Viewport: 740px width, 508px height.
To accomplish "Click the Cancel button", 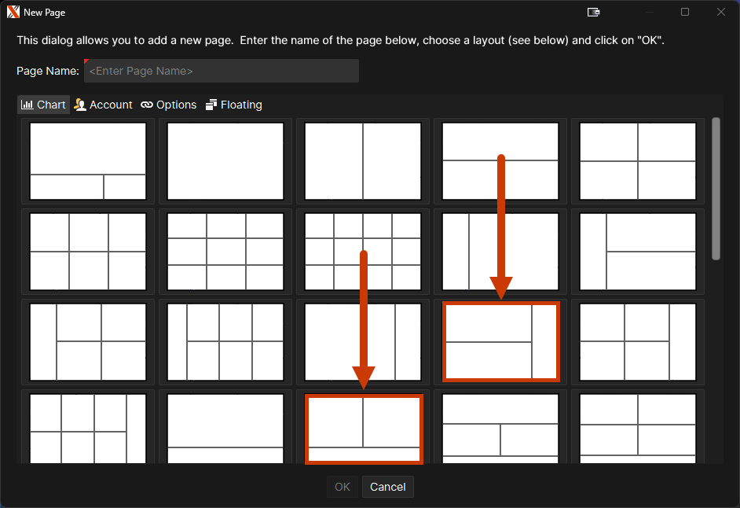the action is coord(387,487).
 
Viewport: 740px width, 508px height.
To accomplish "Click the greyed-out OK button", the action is coord(343,487).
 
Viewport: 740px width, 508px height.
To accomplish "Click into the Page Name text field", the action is coord(222,71).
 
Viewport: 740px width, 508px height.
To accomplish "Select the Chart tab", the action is coord(43,105).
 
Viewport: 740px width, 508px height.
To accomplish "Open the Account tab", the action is coord(104,105).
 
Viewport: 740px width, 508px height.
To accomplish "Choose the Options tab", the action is coord(168,105).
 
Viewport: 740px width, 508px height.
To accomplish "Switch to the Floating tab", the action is coord(234,105).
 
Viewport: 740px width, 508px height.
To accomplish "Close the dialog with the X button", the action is coord(720,12).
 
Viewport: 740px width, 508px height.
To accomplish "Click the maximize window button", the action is coord(685,12).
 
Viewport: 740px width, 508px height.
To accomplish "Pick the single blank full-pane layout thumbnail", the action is coord(225,161).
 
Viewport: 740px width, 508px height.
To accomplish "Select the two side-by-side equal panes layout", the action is coord(363,161).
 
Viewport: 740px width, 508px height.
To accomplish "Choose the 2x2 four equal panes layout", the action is coord(638,161).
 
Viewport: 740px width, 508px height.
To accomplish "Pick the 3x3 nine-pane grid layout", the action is coord(225,252).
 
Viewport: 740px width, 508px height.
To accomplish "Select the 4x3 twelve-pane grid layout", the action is coord(363,252).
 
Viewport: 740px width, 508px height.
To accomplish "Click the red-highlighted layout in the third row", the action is coord(500,341).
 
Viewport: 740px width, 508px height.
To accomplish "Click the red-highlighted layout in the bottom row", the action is coord(364,429).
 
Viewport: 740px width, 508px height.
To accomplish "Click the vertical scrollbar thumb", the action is coord(716,189).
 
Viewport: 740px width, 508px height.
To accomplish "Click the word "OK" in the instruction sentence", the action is coord(650,40).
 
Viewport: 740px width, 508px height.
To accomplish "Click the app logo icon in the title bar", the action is coord(13,12).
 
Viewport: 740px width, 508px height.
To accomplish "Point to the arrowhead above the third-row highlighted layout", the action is coord(501,287).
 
